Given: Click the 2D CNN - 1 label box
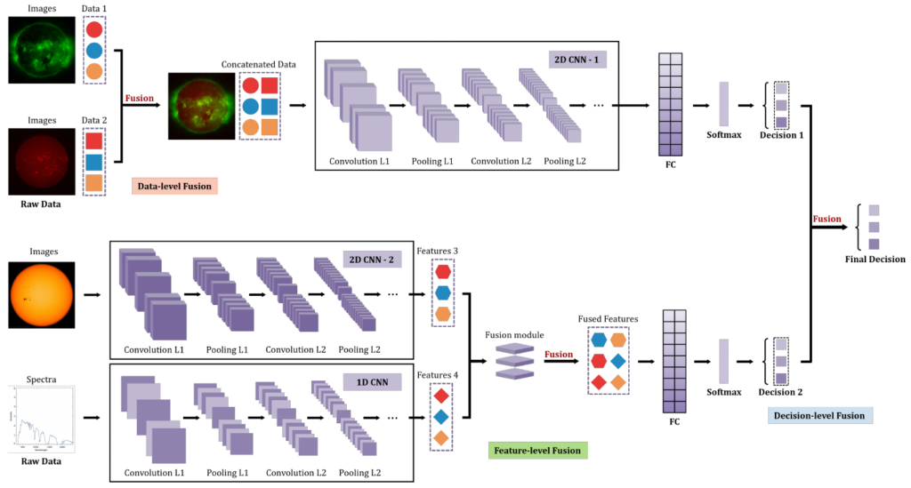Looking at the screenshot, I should click(582, 60).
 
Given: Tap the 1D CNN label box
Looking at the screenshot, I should click(373, 383).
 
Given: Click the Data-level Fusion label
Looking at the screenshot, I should click(174, 187).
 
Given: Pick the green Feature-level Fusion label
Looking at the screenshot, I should click(537, 451).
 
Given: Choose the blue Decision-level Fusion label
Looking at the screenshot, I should click(819, 415).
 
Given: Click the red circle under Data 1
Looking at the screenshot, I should click(94, 30).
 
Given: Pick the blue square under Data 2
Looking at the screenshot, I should click(94, 162).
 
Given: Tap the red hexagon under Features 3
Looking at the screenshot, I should click(443, 272).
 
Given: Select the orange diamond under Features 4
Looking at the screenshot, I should click(442, 437).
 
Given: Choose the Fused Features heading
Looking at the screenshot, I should click(609, 317).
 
